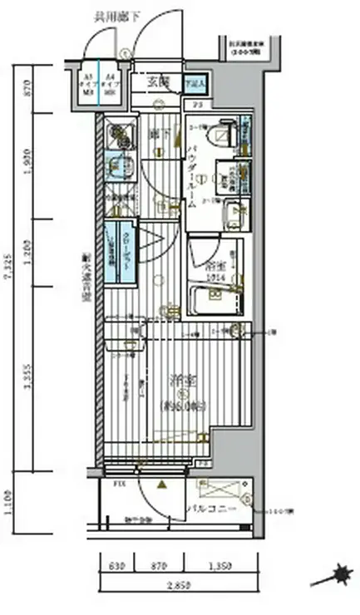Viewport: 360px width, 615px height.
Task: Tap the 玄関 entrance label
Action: (159, 81)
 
